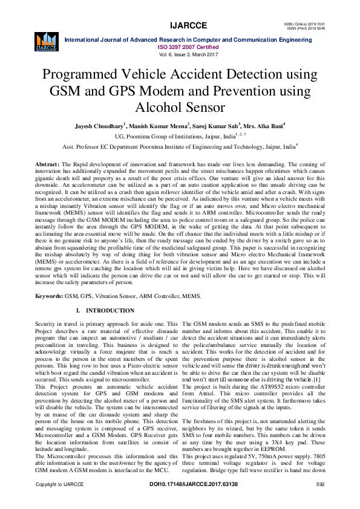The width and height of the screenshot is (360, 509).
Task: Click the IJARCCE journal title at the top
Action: point(180,25)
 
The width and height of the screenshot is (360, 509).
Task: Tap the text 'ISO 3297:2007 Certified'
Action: point(180,47)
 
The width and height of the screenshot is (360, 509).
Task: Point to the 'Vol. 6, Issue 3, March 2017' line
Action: point(180,54)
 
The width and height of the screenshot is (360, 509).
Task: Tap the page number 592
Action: point(321,502)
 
